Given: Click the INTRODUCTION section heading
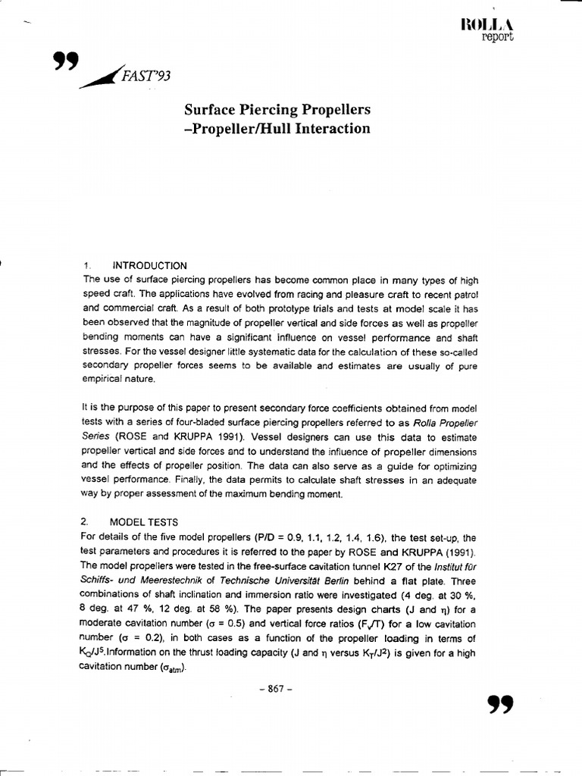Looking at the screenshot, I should coord(149,265).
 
